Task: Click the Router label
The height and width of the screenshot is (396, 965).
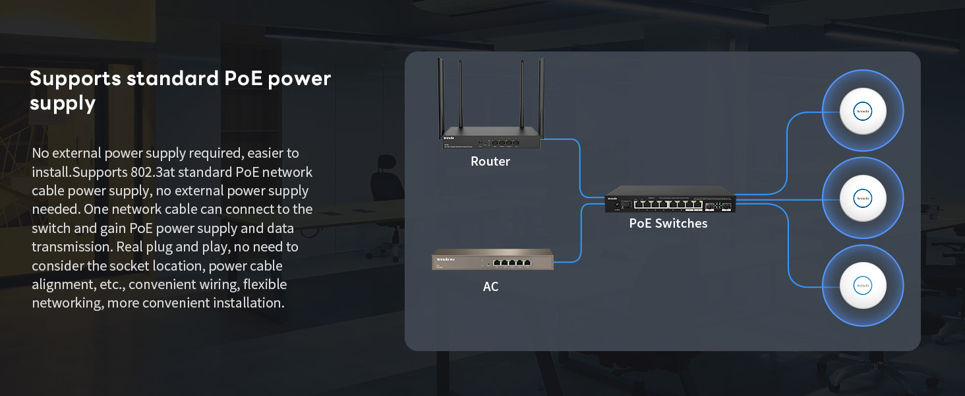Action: tap(490, 161)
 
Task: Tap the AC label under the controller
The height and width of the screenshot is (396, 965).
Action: tap(490, 286)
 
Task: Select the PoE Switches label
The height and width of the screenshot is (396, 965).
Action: tap(668, 224)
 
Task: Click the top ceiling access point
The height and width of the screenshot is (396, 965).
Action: tap(863, 111)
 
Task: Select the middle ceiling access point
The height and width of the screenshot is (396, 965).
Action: tap(863, 197)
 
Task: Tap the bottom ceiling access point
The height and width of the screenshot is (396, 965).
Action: tap(863, 285)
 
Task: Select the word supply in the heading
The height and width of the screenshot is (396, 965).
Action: tap(63, 104)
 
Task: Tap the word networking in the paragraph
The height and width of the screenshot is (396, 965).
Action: tap(66, 303)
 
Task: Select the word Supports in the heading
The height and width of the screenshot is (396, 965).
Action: tap(75, 79)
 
